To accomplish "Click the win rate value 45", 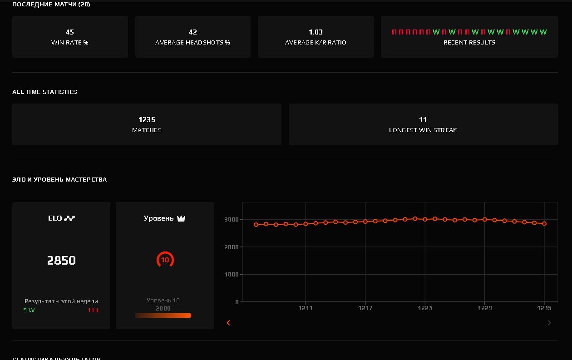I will pyautogui.click(x=70, y=32).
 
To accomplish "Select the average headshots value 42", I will pyautogui.click(x=192, y=32).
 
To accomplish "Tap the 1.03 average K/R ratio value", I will pyautogui.click(x=316, y=32).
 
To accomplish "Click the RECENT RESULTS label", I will pyautogui.click(x=469, y=42).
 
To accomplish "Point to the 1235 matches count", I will pyautogui.click(x=147, y=120).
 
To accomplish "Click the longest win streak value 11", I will pyautogui.click(x=423, y=120).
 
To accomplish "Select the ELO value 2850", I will pyautogui.click(x=61, y=261).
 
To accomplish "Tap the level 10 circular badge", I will pyautogui.click(x=165, y=260).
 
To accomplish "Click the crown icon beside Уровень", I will pyautogui.click(x=181, y=218).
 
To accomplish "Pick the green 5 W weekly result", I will pyautogui.click(x=29, y=311).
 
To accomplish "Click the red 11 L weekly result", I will pyautogui.click(x=94, y=311).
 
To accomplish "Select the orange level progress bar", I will pyautogui.click(x=163, y=316).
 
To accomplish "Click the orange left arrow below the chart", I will pyautogui.click(x=228, y=323).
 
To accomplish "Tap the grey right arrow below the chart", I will pyautogui.click(x=549, y=323).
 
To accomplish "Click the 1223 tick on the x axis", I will pyautogui.click(x=425, y=308).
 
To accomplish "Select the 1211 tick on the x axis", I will pyautogui.click(x=306, y=308).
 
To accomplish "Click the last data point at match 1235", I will pyautogui.click(x=544, y=223).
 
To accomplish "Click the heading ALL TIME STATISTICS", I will pyautogui.click(x=44, y=92).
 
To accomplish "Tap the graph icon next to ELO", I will pyautogui.click(x=69, y=218).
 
